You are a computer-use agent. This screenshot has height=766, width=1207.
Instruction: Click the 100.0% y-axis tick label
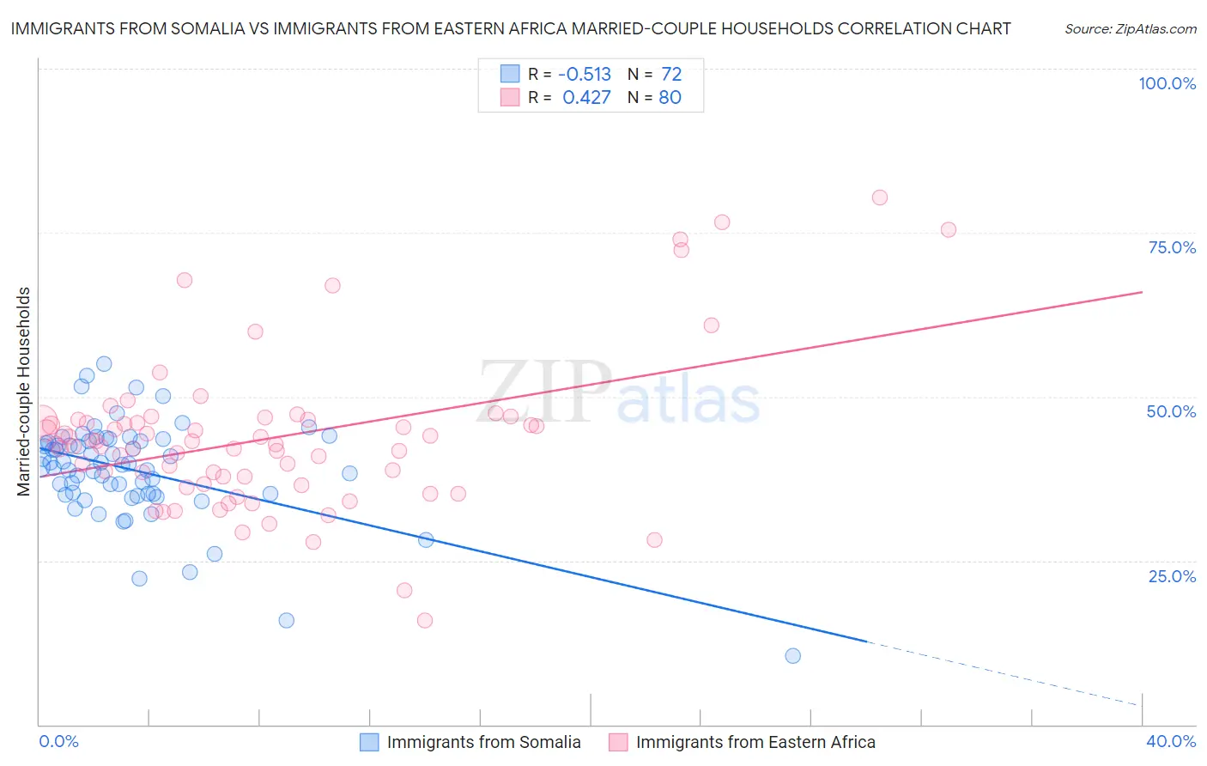1167,83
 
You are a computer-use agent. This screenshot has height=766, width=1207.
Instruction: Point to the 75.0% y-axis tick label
1172,247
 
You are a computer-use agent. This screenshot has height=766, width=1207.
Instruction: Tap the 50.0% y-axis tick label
1171,411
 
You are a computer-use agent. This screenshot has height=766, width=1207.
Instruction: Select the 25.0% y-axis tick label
1172,575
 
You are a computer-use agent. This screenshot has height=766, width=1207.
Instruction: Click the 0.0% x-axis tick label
58,741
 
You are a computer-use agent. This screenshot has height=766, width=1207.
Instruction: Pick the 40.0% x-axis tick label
1171,741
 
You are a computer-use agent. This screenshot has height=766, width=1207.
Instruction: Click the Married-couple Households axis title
24,392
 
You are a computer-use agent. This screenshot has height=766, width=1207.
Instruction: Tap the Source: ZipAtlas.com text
1130,28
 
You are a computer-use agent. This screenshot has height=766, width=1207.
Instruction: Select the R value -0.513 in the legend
585,74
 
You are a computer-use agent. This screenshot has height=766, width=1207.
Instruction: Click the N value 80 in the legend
670,97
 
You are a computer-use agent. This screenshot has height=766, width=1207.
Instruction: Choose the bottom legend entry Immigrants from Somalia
483,742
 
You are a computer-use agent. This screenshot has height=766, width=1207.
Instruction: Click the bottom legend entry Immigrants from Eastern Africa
755,742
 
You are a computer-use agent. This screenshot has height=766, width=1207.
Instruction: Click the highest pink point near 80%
879,198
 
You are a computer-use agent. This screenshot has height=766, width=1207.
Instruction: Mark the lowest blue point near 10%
792,656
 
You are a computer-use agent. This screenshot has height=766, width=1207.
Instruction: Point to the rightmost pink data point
948,229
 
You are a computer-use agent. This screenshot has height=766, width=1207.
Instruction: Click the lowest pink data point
424,620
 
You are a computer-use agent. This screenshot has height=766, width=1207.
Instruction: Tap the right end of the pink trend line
1141,293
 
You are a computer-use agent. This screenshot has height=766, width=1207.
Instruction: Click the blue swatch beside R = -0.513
510,74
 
